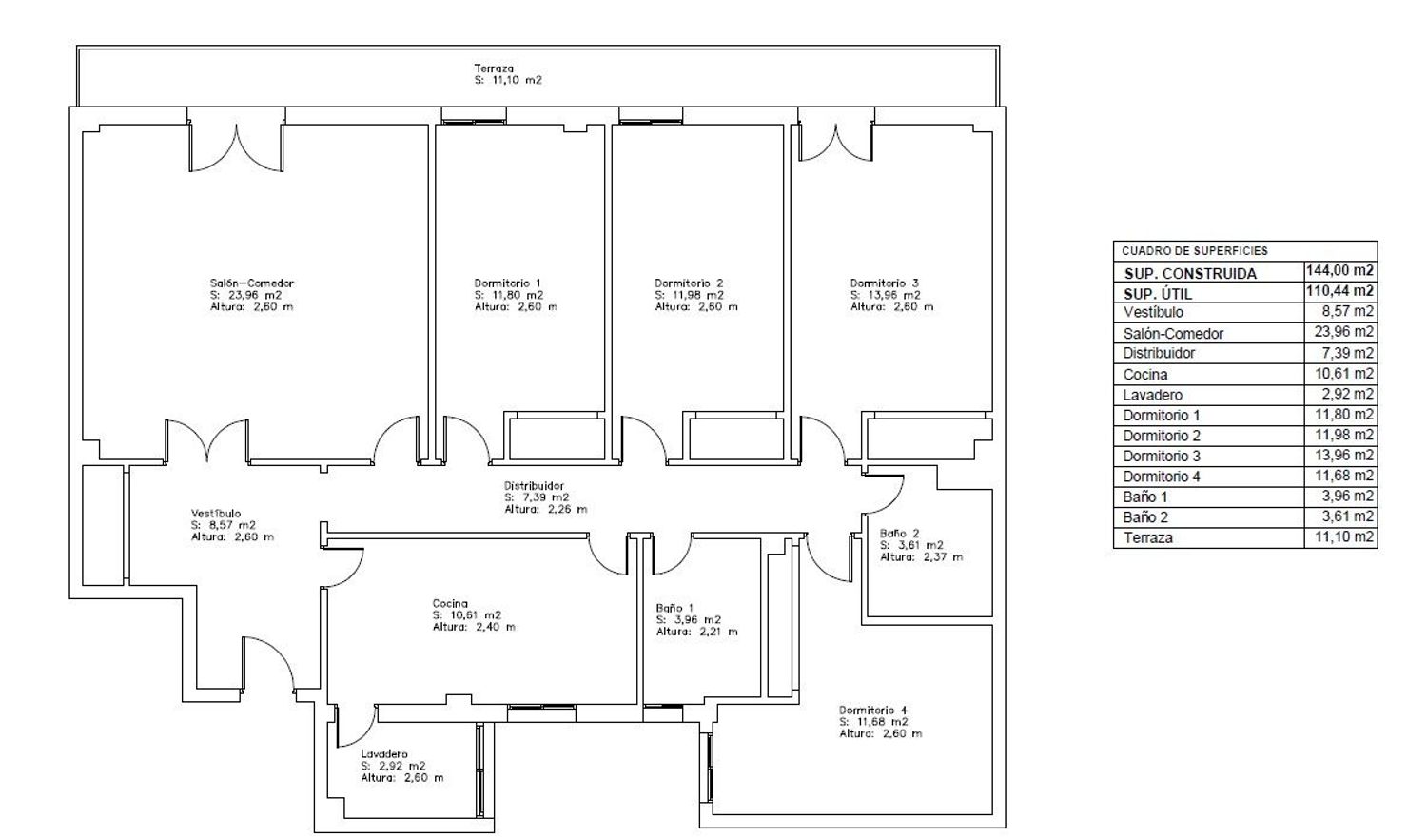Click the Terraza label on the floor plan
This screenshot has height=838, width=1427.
pos(494,68)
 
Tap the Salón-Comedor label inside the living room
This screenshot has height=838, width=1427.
pos(252,283)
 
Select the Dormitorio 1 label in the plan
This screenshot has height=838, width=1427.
pos(508,283)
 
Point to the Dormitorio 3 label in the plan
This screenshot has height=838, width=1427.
pos(885,283)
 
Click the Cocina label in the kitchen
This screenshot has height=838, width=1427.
pos(450,603)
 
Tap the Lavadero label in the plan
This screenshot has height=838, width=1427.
pos(383,754)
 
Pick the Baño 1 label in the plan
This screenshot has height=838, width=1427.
pos(674,608)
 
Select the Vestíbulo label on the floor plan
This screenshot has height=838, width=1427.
pos(216,514)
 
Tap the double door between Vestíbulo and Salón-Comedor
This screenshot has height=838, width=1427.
pos(207,439)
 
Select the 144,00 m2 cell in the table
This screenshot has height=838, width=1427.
pos(1339,271)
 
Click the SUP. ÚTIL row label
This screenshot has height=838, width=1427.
pos(1158,294)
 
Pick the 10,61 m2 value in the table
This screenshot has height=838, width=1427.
pos(1344,374)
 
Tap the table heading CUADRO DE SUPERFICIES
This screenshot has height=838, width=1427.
pos(1195,251)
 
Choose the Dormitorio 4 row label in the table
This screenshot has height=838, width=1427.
pos(1162,477)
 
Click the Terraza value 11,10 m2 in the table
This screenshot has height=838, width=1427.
pos(1344,536)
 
